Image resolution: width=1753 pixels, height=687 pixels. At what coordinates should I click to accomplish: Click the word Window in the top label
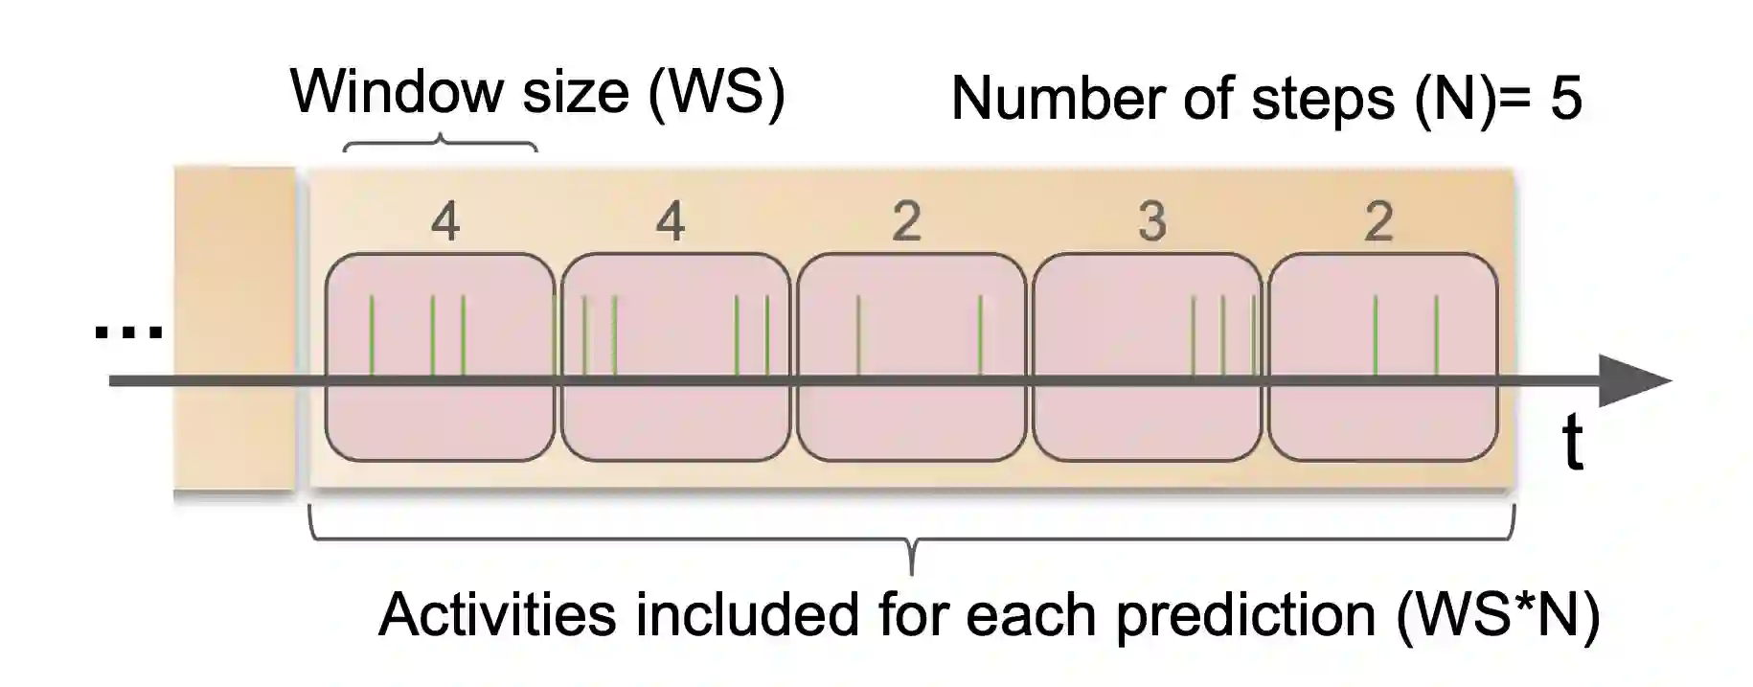tap(397, 92)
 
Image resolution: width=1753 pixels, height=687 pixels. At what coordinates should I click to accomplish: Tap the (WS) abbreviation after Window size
tap(716, 93)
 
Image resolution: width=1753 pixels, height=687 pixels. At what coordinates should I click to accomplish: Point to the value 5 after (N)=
tap(1565, 99)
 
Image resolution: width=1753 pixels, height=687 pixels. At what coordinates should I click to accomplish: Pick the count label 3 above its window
tap(1151, 222)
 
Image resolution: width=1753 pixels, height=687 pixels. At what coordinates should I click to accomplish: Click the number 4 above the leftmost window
tap(444, 222)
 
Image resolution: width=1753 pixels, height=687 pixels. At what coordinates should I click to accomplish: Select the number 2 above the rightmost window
tap(1377, 222)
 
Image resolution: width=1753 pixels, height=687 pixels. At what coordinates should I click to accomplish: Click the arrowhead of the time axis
tap(1633, 380)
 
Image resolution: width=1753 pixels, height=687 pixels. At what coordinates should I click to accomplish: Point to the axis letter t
tap(1572, 443)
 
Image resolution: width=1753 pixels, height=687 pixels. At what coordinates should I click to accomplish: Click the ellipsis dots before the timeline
tap(128, 332)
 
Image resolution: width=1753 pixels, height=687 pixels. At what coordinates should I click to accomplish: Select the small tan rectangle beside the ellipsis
tap(234, 329)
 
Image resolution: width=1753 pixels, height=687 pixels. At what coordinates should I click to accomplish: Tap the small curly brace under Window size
tap(440, 143)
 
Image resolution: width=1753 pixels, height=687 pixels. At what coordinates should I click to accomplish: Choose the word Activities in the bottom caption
tap(497, 614)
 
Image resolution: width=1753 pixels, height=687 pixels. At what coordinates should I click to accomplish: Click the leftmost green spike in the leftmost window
tap(372, 335)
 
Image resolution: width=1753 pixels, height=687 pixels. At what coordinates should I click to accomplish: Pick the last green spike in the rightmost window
tap(1435, 335)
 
